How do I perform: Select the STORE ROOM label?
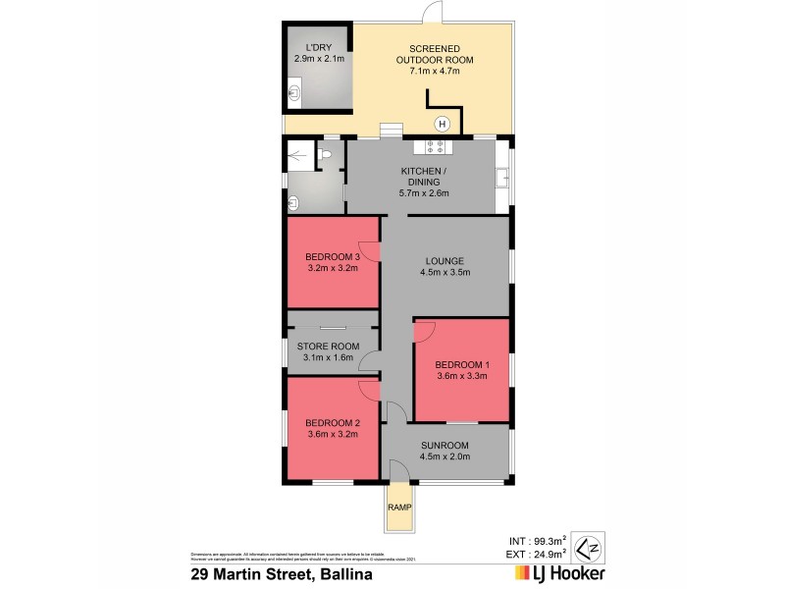coord(329,347)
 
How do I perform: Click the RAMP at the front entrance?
coord(398,508)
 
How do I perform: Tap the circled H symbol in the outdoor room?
coord(442,123)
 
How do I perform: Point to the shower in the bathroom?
coord(299,154)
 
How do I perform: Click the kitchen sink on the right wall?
coord(502,178)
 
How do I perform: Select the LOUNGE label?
coord(444,260)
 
